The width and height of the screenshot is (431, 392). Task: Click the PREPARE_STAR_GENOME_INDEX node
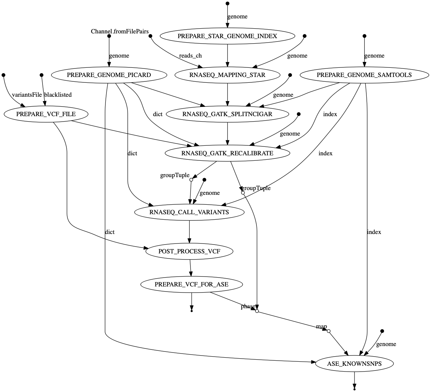[227, 36]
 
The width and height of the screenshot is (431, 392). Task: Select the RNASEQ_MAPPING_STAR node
[227, 75]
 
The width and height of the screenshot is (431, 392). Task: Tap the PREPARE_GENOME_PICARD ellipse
[109, 75]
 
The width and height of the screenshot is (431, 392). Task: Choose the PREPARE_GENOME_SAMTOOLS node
[364, 75]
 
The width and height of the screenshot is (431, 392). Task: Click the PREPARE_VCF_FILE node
[46, 114]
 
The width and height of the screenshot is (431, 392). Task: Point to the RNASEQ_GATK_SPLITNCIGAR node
[227, 114]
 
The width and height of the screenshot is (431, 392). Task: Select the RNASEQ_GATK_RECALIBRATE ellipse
[227, 153]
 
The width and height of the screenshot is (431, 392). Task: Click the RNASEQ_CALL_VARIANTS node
[189, 212]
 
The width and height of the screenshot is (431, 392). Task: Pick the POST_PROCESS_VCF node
[189, 252]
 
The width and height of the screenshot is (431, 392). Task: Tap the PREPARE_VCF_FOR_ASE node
[192, 284]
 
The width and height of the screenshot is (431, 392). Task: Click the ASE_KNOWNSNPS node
[354, 364]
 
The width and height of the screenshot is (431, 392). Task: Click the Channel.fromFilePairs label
[120, 32]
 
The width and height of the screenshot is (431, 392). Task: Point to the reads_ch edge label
[190, 56]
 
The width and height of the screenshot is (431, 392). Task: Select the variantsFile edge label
[27, 95]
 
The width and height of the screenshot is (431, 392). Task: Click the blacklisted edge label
[58, 95]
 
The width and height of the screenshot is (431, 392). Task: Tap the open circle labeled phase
[257, 311]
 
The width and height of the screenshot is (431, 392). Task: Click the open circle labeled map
[329, 331]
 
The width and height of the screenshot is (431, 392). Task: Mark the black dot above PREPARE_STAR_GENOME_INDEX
[227, 3]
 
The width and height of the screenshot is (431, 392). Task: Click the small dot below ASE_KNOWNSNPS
[354, 389]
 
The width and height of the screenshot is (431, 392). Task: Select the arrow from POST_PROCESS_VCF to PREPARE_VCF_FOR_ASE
[190, 268]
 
